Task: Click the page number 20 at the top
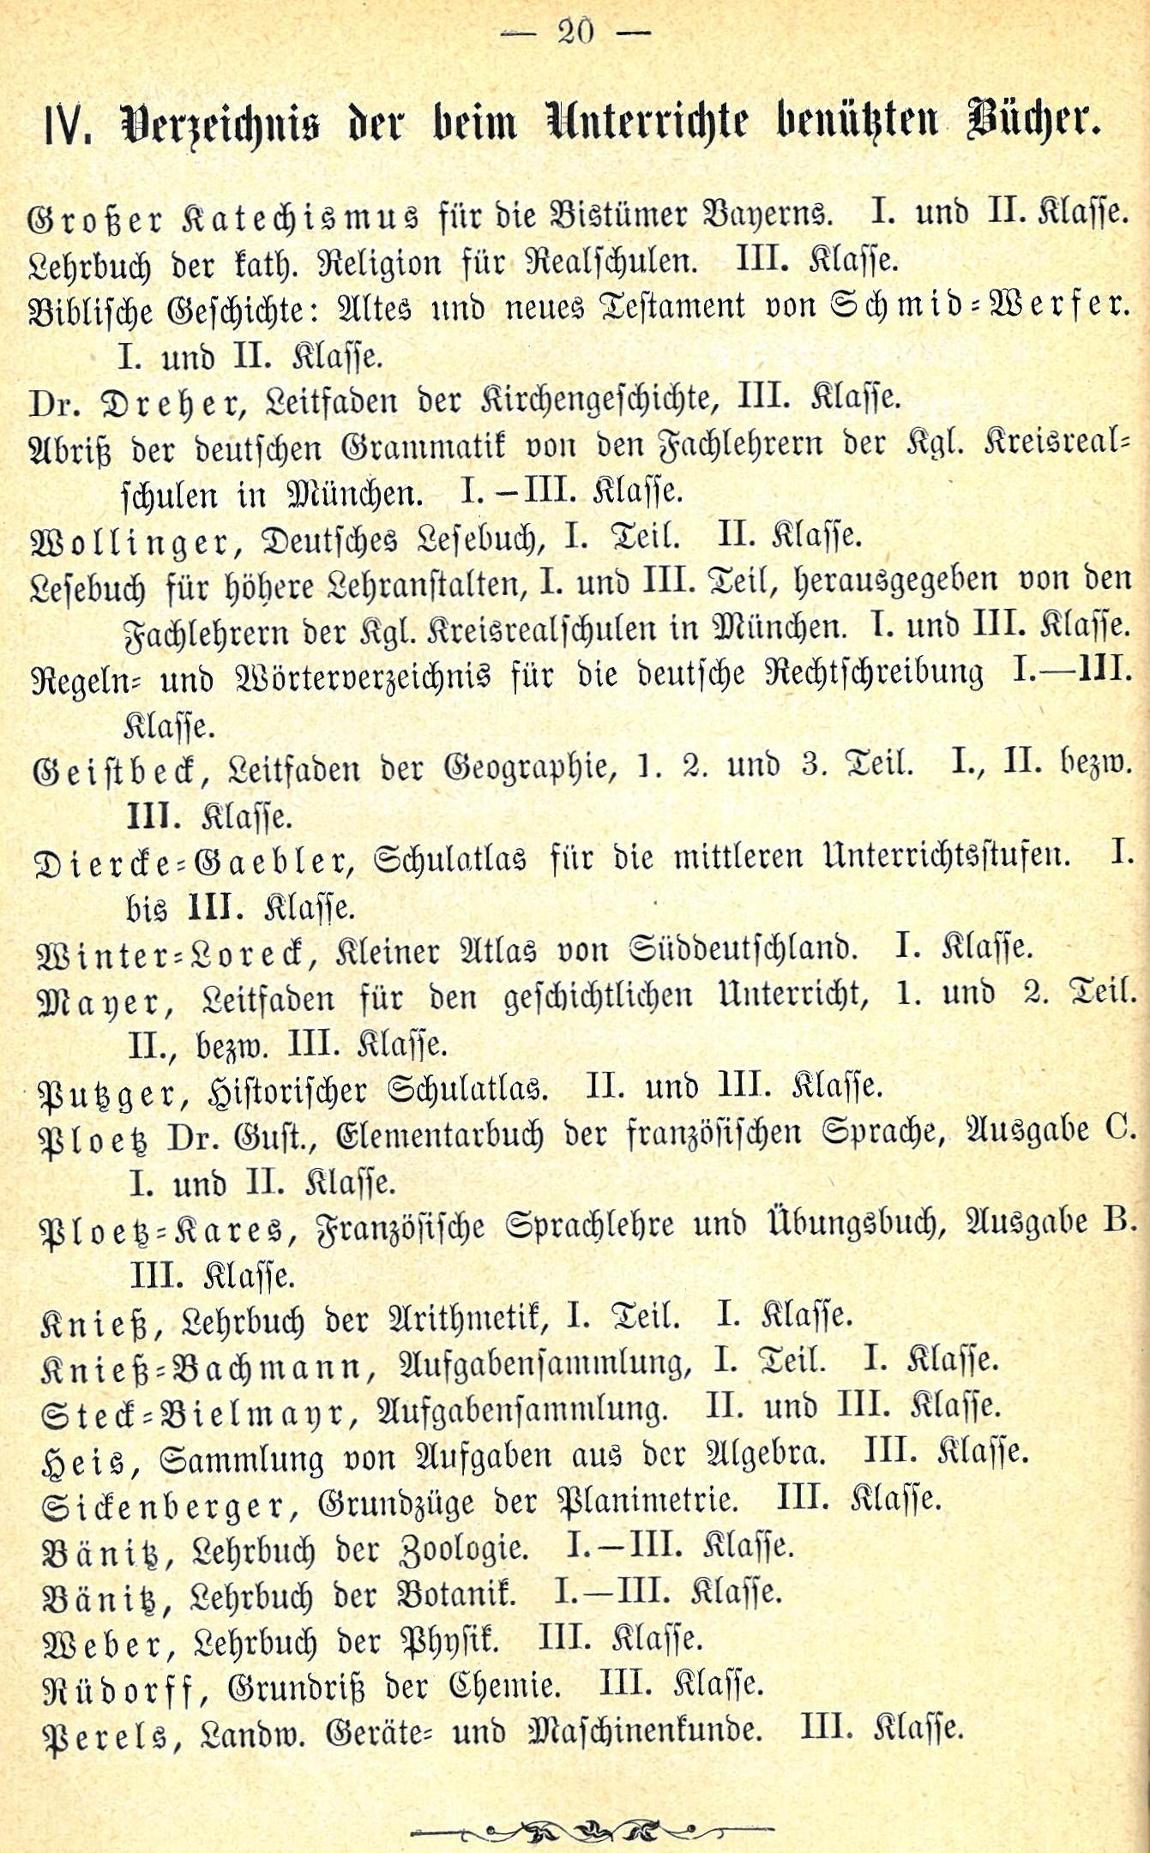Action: point(575,32)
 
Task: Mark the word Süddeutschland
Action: point(743,950)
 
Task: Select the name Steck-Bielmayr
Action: point(198,1411)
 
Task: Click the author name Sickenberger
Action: point(163,1506)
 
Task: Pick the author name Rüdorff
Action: point(124,1689)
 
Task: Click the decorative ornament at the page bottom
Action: point(593,1805)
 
